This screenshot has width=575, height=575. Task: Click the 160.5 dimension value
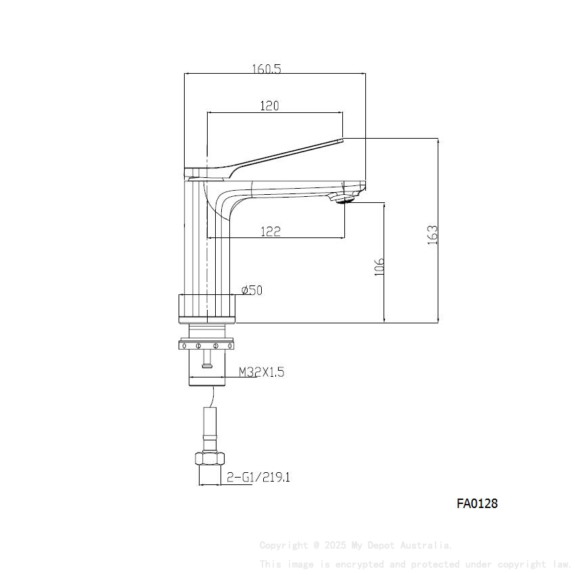[x=267, y=68]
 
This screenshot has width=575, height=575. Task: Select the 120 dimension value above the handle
[x=269, y=106]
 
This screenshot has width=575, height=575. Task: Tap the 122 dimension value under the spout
[x=270, y=231]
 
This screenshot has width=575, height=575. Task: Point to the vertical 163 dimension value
[x=433, y=235]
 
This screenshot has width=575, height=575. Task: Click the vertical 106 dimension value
[x=379, y=266]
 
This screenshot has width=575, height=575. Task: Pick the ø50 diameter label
[x=252, y=290]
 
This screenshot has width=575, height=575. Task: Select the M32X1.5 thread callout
[x=261, y=372]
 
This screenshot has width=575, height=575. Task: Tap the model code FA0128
[x=477, y=503]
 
